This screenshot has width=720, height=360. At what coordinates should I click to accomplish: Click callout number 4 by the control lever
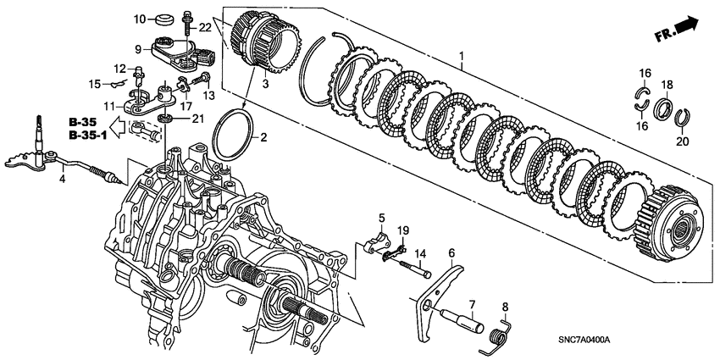point(62,180)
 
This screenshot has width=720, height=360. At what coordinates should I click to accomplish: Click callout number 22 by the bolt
point(203,28)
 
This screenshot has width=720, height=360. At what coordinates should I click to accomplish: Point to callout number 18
point(666,85)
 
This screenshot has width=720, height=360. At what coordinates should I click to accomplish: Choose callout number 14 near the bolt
point(419,252)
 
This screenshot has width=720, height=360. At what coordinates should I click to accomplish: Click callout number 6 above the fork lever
point(451,252)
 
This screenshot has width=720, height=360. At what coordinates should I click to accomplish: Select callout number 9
point(137,49)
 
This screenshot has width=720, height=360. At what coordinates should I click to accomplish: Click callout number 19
point(403,230)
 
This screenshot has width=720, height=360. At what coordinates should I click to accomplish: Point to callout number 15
point(97,82)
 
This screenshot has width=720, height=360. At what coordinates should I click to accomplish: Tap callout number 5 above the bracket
point(381,219)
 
